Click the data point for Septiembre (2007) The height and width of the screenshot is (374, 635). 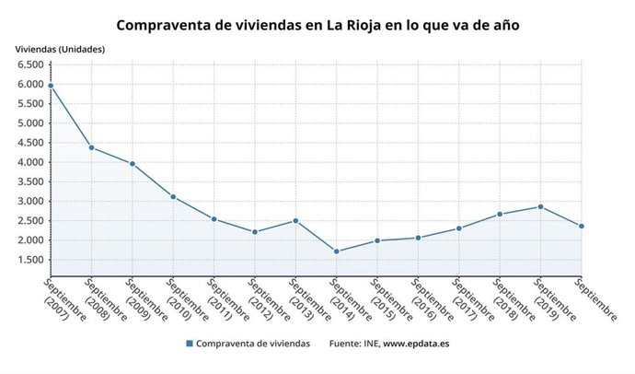click(51, 86)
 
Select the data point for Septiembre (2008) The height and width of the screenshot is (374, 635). click(91, 147)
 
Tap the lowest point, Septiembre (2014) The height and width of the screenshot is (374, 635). click(337, 251)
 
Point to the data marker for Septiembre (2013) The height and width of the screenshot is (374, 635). click(295, 220)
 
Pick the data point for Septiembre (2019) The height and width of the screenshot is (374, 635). click(540, 206)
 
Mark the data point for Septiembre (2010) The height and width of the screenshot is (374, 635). click(173, 196)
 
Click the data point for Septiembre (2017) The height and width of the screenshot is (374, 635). click(459, 228)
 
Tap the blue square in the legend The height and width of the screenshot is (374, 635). click(189, 344)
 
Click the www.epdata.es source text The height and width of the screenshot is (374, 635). click(416, 344)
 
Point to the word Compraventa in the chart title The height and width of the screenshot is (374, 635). click(160, 25)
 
